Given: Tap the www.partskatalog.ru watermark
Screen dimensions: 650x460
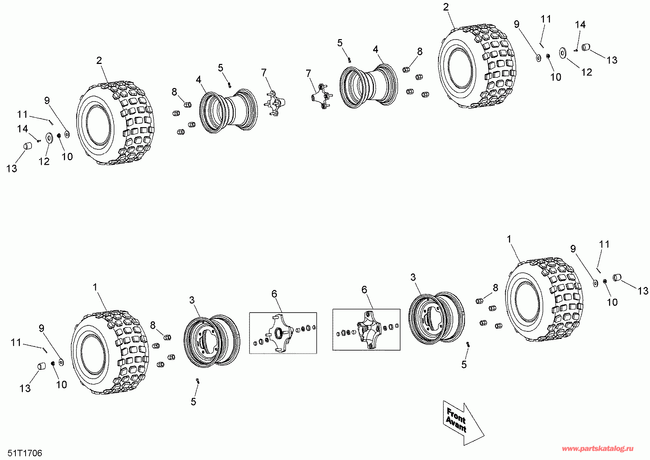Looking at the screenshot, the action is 598,449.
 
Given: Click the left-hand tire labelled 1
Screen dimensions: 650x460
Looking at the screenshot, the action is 109,352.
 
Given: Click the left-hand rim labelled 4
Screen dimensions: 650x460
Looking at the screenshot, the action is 228,111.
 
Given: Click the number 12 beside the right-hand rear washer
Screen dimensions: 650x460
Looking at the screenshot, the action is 586,72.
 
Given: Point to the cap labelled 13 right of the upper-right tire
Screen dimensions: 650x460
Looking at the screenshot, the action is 585,47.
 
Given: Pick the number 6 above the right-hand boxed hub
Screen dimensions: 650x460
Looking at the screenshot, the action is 364,290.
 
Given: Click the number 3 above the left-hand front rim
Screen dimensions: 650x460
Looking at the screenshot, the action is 192,300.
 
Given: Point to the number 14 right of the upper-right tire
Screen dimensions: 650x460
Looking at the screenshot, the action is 580,25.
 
